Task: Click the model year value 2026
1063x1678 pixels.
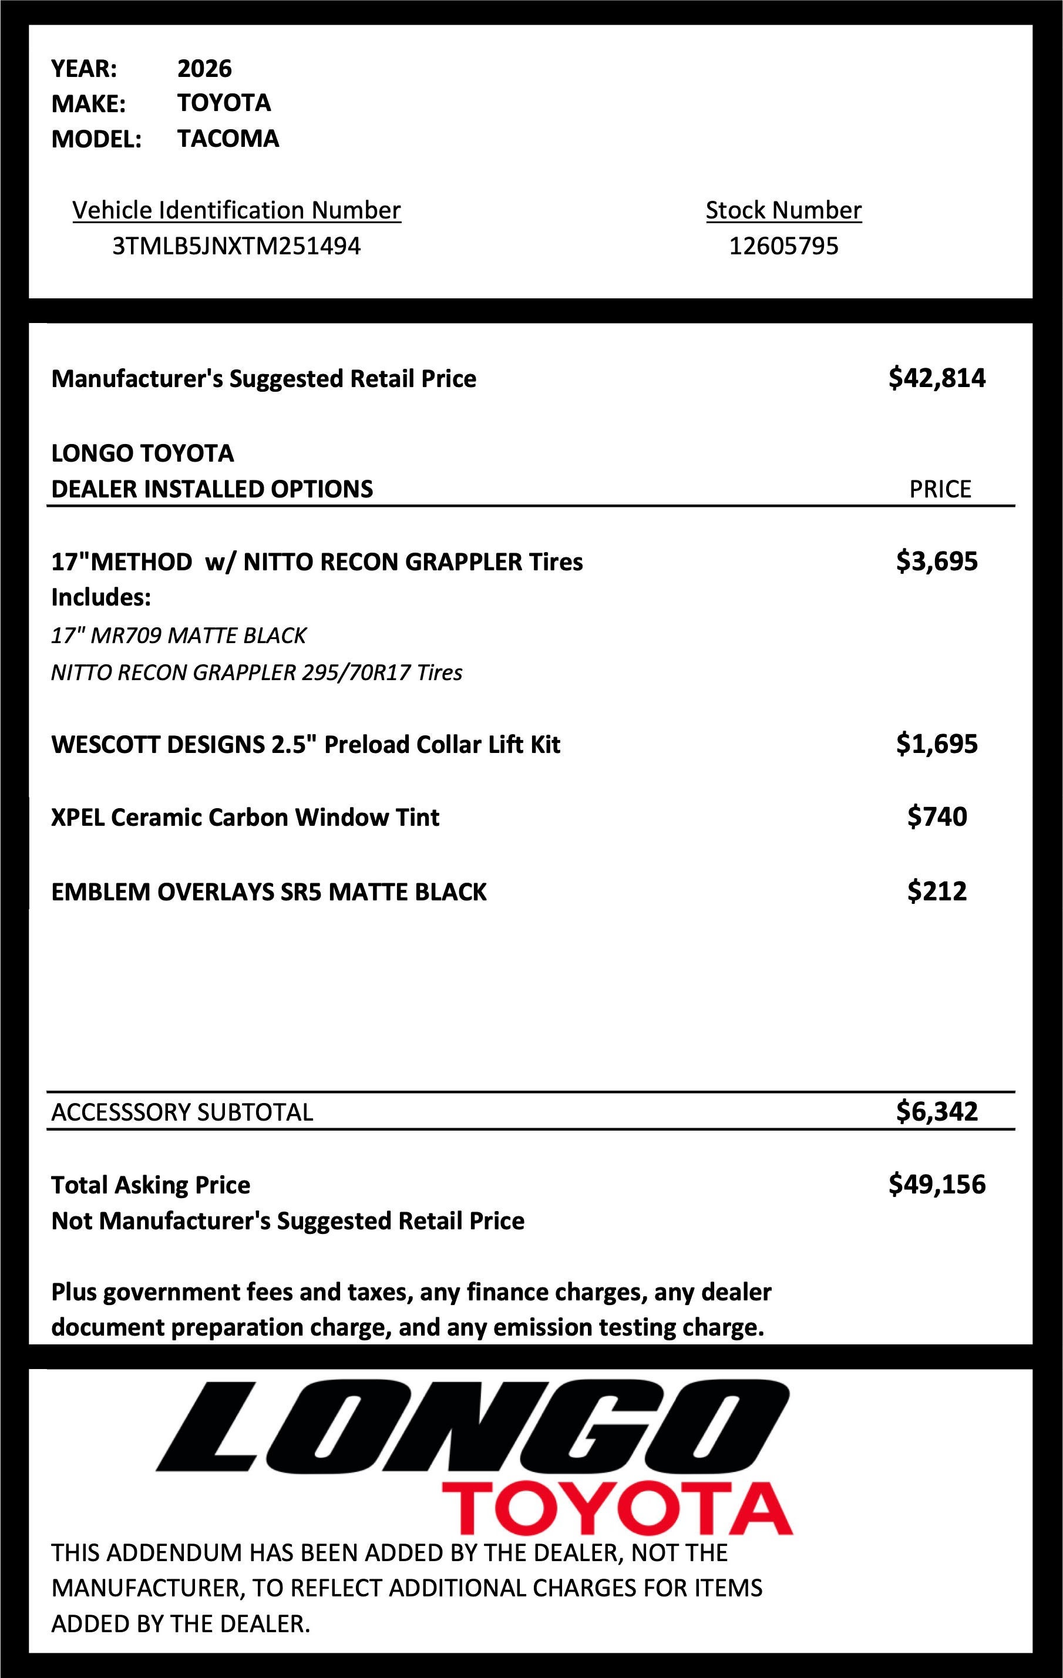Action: pyautogui.click(x=204, y=68)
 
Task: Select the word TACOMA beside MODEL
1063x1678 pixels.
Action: pyautogui.click(x=228, y=138)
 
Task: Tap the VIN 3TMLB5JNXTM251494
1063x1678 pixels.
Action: pyautogui.click(x=236, y=246)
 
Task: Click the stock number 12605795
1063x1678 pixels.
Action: pyautogui.click(x=783, y=246)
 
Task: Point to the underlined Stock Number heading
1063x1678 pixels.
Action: pyautogui.click(x=783, y=210)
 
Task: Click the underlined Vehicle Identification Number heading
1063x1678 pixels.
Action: pyautogui.click(x=236, y=210)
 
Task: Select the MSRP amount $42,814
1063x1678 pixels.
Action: pyautogui.click(x=937, y=378)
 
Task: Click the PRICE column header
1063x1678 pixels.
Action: pyautogui.click(x=940, y=489)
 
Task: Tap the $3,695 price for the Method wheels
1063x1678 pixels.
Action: pyautogui.click(x=937, y=561)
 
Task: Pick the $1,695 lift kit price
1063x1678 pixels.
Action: pyautogui.click(x=937, y=744)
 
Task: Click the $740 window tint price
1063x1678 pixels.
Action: pyautogui.click(x=937, y=816)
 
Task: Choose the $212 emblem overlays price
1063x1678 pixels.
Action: pyautogui.click(x=937, y=890)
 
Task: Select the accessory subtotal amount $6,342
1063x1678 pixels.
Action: pyautogui.click(x=937, y=1111)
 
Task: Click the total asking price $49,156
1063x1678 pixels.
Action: pyautogui.click(x=937, y=1184)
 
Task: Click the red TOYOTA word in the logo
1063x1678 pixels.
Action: pyautogui.click(x=617, y=1509)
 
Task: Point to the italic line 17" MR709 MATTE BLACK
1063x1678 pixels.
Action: pyautogui.click(x=179, y=635)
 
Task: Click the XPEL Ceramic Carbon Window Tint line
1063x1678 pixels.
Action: pyautogui.click(x=245, y=817)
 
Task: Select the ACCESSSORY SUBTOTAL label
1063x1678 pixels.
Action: pyautogui.click(x=182, y=1111)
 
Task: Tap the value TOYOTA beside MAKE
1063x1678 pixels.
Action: pyautogui.click(x=224, y=102)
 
